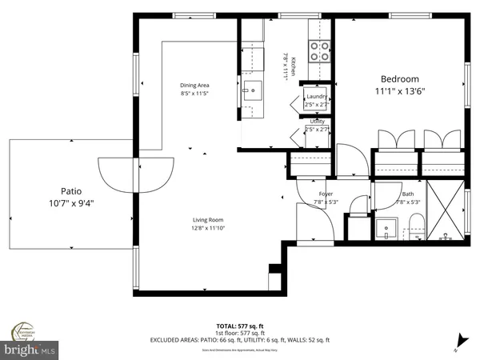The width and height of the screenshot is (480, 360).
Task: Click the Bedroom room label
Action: tap(399, 78)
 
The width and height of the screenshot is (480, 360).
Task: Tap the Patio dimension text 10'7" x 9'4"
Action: tap(71, 202)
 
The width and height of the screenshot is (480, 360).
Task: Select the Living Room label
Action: tap(207, 220)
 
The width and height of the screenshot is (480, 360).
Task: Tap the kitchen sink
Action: tap(253, 90)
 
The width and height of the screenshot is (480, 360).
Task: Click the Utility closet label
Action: tap(318, 121)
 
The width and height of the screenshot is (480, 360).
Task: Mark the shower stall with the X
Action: tap(445, 210)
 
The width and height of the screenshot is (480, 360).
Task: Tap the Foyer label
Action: tap(326, 194)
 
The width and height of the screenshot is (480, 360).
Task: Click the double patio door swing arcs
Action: tap(135, 170)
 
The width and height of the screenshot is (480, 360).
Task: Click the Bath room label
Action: tap(408, 194)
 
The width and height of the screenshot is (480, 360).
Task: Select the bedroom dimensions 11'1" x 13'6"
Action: tap(399, 90)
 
